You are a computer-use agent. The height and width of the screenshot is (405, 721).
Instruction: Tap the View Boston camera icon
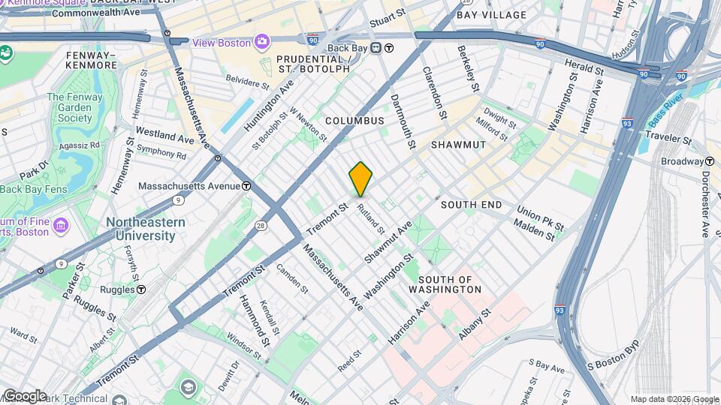point(261,42)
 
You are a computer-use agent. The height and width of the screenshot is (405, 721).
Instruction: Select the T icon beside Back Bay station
point(389,49)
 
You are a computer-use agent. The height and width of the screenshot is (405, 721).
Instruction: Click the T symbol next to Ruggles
point(141,289)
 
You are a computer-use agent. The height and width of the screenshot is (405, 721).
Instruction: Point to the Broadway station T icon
point(709,161)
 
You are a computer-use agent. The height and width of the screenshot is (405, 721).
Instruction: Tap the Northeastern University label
point(140,229)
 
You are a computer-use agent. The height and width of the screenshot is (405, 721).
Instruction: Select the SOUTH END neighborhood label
point(471,205)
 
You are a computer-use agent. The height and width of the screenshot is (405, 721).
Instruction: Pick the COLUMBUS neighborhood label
point(354,121)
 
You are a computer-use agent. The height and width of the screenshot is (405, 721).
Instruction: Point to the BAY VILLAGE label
point(492,15)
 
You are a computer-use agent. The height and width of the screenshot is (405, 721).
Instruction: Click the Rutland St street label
point(371,218)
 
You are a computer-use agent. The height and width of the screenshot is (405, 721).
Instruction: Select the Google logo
point(25,395)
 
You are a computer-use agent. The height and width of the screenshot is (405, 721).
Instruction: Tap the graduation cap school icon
point(188,388)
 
